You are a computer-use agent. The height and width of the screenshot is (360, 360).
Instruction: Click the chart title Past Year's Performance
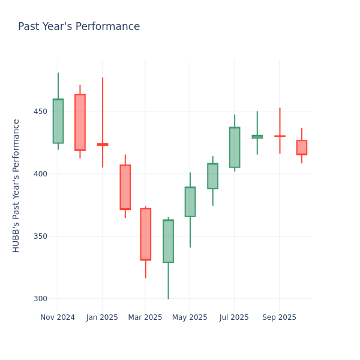coord(79,27)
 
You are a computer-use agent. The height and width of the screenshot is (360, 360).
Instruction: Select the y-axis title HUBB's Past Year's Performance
coord(16,185)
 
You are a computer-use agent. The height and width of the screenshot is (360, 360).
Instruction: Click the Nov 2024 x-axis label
coord(58,317)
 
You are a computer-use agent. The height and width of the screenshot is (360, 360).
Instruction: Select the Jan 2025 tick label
coord(102,317)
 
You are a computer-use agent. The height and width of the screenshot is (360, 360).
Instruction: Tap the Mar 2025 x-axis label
coord(145,317)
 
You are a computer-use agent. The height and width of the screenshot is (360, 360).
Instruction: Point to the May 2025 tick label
coord(190,317)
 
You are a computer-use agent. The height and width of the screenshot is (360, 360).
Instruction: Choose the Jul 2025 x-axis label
coord(234,317)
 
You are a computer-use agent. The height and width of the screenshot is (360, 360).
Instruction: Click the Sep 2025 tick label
coord(279,317)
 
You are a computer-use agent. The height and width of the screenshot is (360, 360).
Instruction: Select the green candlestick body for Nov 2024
coord(58,121)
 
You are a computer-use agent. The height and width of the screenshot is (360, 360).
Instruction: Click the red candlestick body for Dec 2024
coord(80,122)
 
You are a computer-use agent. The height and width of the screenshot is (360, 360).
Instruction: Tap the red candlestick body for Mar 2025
coord(145,234)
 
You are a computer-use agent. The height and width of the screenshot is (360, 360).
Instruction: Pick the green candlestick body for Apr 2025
coord(168,241)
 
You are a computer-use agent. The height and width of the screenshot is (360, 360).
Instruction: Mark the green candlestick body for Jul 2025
coord(234,147)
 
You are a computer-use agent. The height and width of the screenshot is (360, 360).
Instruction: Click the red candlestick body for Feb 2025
coord(125,187)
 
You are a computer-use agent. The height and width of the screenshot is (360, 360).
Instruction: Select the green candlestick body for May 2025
coord(190,202)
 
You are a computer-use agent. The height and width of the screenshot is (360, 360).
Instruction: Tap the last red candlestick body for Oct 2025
coord(301,148)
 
